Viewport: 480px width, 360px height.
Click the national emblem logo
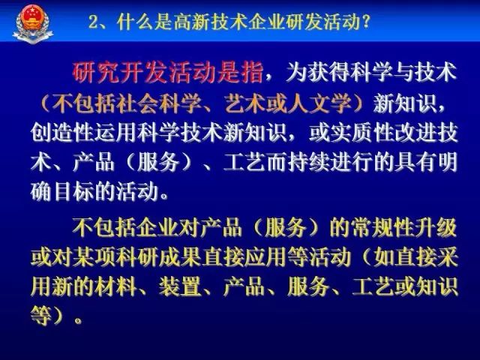tap(33, 23)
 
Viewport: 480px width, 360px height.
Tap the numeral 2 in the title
tap(94, 22)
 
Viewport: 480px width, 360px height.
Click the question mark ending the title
tap(366, 22)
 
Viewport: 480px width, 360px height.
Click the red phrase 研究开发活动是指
tap(168, 73)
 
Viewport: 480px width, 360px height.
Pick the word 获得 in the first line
tap(329, 73)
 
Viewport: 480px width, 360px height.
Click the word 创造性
tap(62, 133)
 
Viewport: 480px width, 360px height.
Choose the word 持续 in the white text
tap(308, 162)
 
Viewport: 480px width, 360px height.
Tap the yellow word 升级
tap(436, 228)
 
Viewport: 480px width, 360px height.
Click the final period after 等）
tap(78, 321)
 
